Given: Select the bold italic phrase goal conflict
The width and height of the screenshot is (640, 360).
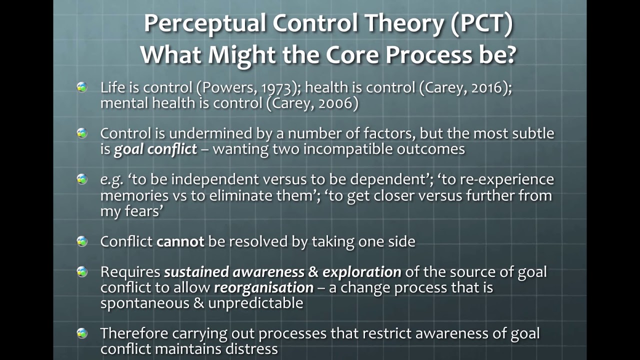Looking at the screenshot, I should pos(155,149).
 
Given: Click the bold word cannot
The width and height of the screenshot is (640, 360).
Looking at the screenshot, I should pos(180,241).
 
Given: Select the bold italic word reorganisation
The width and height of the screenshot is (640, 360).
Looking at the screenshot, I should pos(263,288).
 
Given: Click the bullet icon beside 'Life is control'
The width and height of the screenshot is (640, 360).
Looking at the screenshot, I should pos(82,87).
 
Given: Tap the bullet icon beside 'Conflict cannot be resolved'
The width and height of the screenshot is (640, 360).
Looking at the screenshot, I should pos(82,241).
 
